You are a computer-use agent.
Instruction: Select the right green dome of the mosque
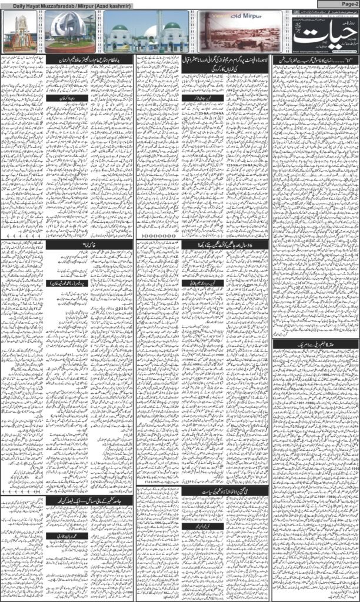point(172,26)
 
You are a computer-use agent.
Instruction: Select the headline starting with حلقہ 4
point(316,343)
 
